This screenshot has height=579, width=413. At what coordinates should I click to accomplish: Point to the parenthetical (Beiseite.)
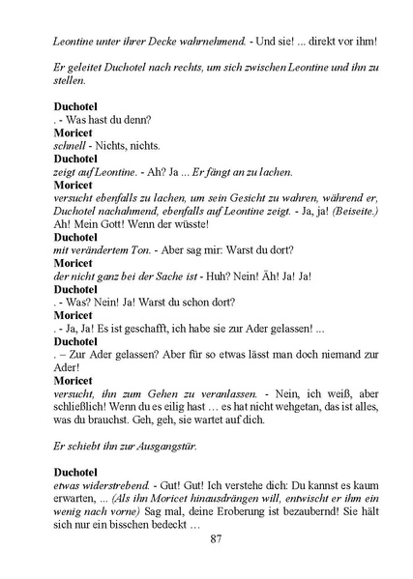[x=352, y=208]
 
